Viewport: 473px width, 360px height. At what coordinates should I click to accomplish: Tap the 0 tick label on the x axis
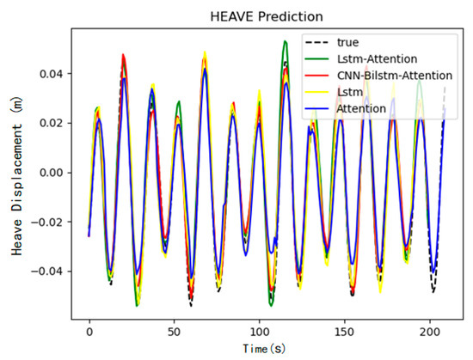point(89,330)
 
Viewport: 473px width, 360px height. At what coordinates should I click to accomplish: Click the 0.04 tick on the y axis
point(55,74)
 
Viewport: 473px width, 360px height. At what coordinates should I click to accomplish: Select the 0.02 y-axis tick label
point(55,123)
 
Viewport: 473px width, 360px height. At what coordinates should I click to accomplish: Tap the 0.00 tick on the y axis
point(55,173)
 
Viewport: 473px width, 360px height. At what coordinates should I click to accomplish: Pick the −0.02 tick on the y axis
point(52,222)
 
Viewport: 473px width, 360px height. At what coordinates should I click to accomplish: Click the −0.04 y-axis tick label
point(52,272)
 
